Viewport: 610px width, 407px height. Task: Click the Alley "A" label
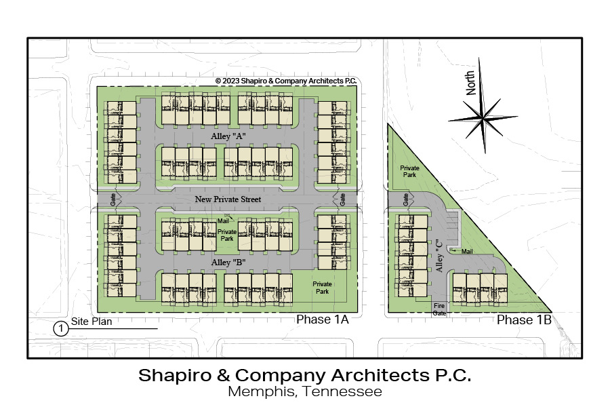(228, 136)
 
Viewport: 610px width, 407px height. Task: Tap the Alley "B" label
(228, 263)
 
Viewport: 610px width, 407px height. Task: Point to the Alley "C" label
(440, 255)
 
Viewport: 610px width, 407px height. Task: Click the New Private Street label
(228, 199)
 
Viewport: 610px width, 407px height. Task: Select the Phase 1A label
(322, 319)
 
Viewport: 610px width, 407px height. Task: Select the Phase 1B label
(524, 319)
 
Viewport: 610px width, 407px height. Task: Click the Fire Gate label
(439, 309)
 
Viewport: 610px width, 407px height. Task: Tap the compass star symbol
(483, 117)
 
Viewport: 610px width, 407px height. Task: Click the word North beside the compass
(470, 83)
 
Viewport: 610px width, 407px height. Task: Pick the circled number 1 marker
(61, 329)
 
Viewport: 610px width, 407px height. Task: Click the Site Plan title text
(91, 322)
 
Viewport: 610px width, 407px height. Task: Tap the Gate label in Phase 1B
(406, 200)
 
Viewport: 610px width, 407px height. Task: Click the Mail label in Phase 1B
(467, 252)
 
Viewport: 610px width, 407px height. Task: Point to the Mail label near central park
(223, 221)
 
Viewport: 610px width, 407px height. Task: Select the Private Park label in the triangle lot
(409, 172)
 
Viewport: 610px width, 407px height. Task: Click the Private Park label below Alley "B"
(322, 288)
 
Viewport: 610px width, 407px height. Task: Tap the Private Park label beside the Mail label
(227, 235)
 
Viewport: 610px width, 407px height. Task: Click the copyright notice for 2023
(286, 81)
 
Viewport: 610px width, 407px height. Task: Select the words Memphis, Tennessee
(304, 391)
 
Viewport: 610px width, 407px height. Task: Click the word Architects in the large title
(380, 375)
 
